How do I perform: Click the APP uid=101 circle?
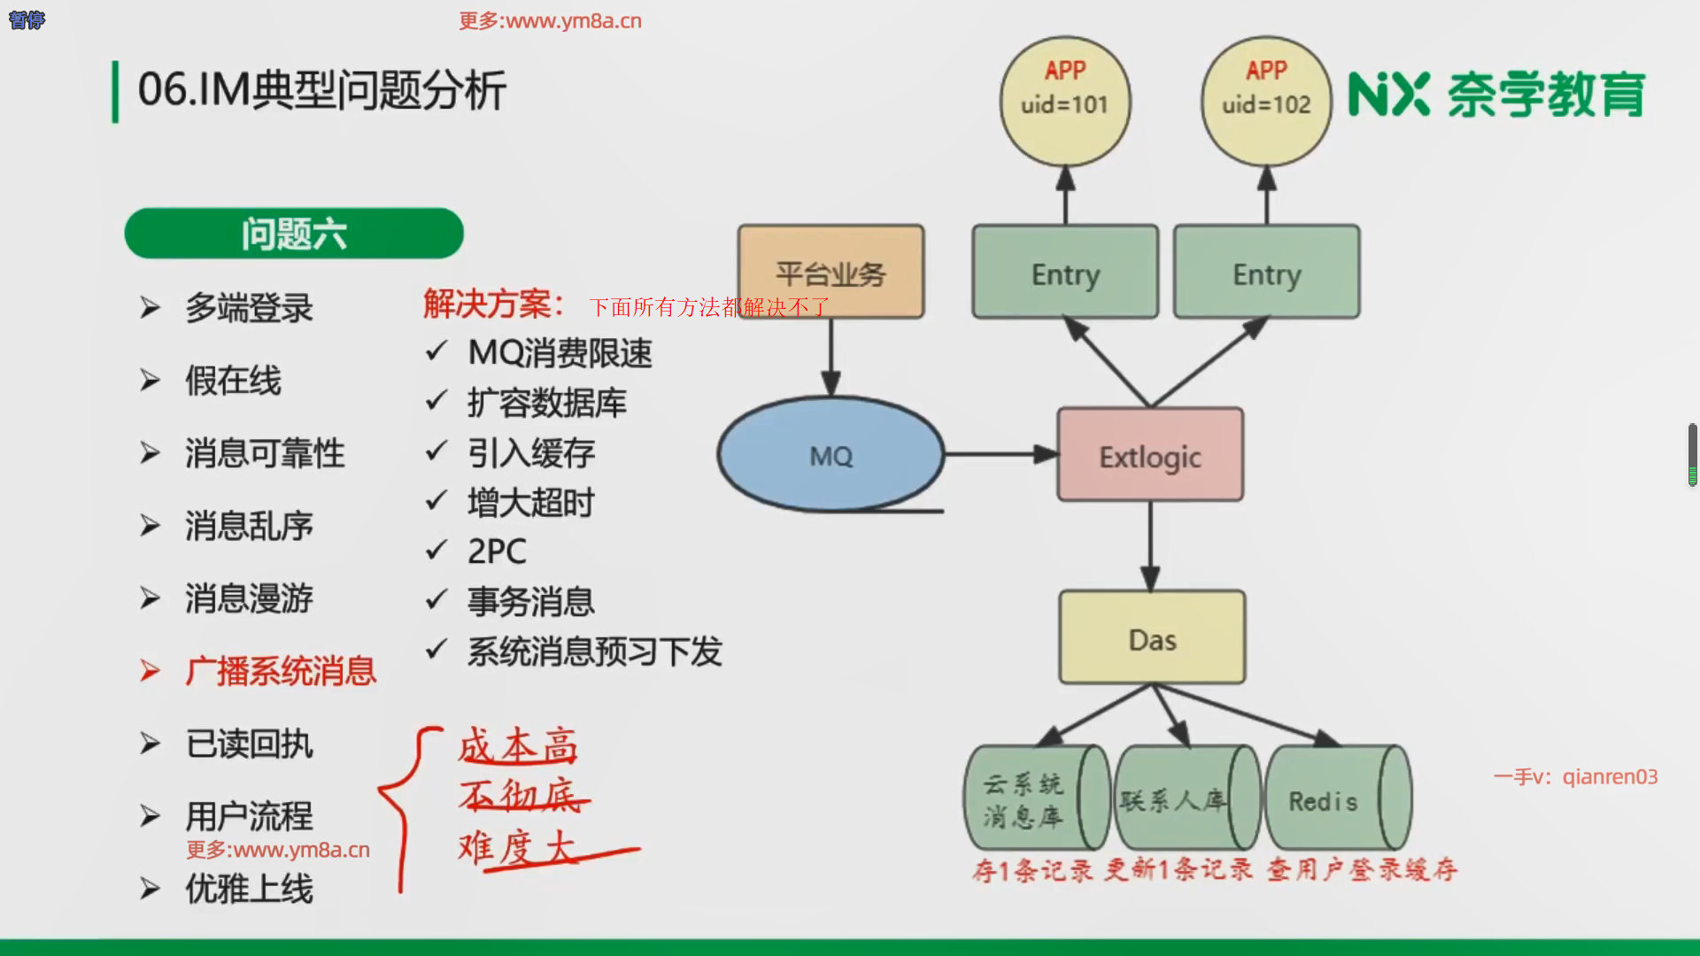click(1065, 101)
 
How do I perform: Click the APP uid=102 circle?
click(1266, 101)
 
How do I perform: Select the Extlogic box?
click(1150, 455)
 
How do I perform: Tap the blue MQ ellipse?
click(831, 454)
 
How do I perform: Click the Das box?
click(1152, 637)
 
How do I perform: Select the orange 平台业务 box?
click(831, 272)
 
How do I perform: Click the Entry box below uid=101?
click(1065, 272)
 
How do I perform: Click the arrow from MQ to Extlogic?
click(1001, 454)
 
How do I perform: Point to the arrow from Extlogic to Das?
click(1150, 545)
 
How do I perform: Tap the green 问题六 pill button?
click(294, 234)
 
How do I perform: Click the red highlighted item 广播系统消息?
click(281, 671)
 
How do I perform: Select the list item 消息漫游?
click(249, 598)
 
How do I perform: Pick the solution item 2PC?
click(497, 551)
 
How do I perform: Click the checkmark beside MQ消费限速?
click(437, 352)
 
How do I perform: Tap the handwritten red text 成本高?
click(519, 746)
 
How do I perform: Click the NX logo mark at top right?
click(1387, 95)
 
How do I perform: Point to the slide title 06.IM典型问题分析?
click(321, 90)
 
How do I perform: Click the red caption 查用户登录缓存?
click(1362, 870)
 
